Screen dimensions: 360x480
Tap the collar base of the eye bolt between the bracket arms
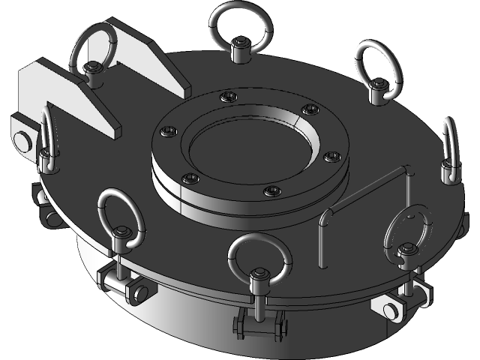[x=93, y=71]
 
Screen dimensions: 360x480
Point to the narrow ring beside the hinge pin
[x=46, y=135]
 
